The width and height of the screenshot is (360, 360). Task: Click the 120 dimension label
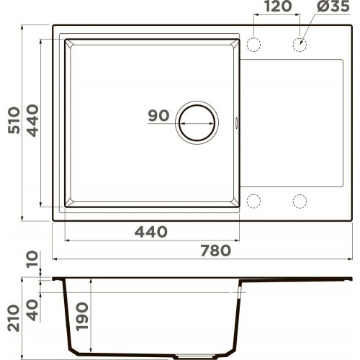pyautogui.click(x=278, y=6)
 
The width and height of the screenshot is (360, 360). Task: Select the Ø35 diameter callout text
pyautogui.click(x=333, y=6)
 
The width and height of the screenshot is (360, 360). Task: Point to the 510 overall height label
pyautogui.click(x=14, y=120)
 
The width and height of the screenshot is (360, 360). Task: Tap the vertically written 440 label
pyautogui.click(x=32, y=120)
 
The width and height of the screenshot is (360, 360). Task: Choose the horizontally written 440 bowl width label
pyautogui.click(x=150, y=232)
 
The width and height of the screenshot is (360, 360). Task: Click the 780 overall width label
pyautogui.click(x=215, y=251)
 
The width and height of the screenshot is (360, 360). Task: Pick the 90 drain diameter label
pyautogui.click(x=158, y=116)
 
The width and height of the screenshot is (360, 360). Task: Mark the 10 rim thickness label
pyautogui.click(x=32, y=258)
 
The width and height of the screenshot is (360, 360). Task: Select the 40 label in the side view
pyautogui.click(x=32, y=310)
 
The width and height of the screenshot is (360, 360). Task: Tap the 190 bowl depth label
pyautogui.click(x=82, y=317)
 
